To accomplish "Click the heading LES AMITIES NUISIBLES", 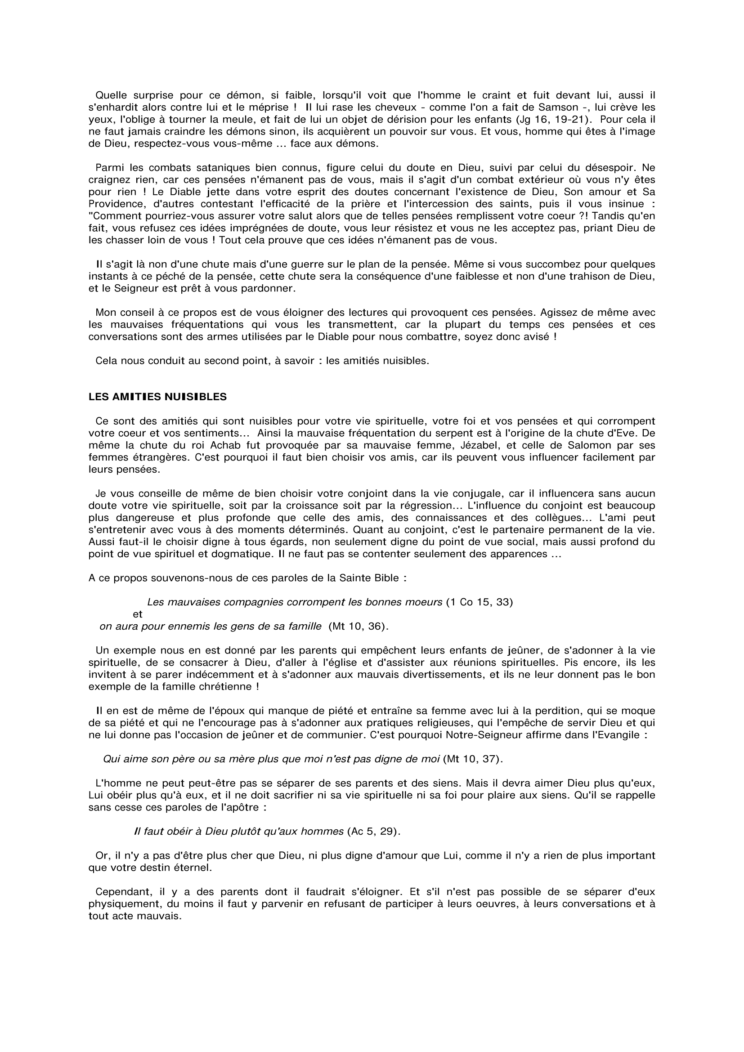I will click(x=157, y=397).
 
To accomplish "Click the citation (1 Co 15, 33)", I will click(x=479, y=602).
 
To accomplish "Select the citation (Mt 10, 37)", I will click(x=473, y=759).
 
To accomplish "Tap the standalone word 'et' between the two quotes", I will click(x=138, y=614).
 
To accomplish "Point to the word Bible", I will click(x=384, y=578).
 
